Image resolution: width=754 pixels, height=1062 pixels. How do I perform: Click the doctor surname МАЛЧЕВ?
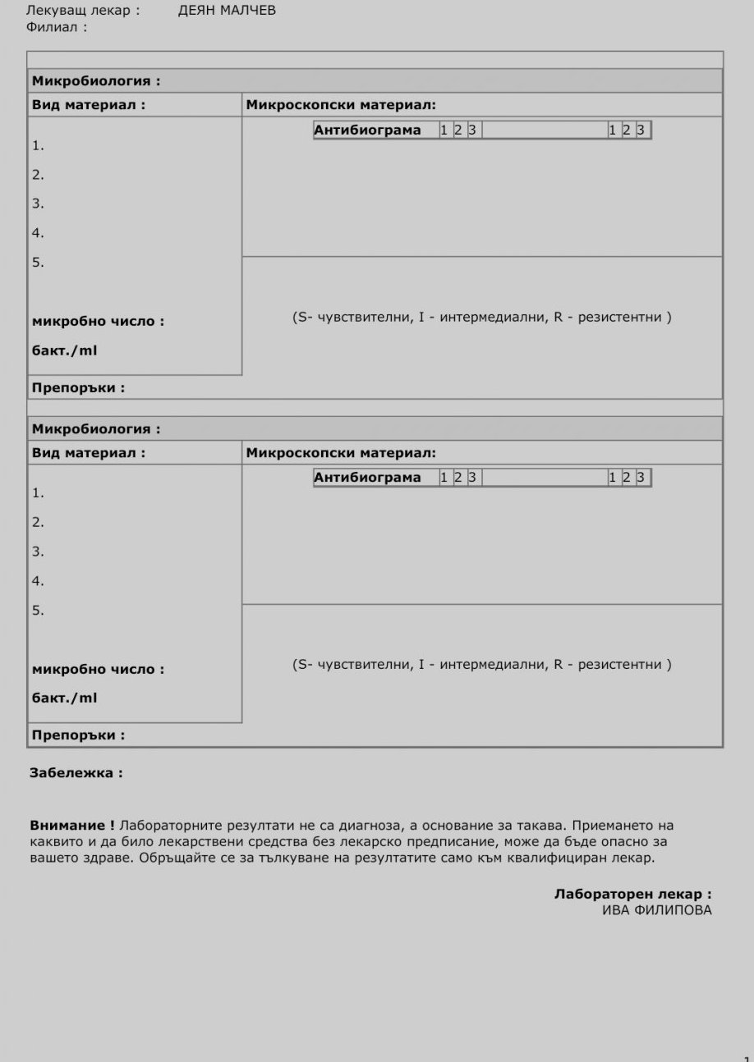point(249,11)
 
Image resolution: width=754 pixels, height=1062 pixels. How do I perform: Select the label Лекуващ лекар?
point(82,11)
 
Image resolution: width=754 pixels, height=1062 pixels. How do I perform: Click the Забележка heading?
point(76,772)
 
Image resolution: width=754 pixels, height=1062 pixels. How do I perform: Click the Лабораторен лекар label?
point(632,895)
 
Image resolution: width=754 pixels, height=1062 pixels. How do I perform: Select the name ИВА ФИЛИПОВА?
point(657,910)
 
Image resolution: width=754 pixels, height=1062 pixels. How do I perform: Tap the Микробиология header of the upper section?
point(95,80)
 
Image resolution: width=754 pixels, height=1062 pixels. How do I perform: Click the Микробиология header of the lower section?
point(95,428)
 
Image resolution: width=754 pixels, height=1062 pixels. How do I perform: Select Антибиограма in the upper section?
point(367,130)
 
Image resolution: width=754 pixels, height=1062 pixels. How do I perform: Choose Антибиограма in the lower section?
point(367,477)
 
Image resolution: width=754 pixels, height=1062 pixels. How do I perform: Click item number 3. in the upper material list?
point(38,204)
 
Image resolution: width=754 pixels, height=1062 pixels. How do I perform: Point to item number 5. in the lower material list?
point(38,610)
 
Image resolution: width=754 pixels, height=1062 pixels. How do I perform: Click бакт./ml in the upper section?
point(64,350)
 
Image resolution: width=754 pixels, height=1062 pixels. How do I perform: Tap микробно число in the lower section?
point(98,669)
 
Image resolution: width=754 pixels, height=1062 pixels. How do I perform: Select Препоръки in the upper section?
point(78,387)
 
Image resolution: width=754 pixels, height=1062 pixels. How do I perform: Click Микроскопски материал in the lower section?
point(341,452)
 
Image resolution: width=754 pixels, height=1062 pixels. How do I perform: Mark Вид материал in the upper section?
point(89,105)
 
